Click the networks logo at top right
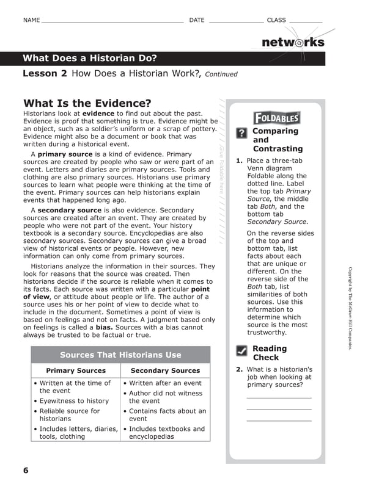click(x=293, y=42)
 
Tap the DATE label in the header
click(x=197, y=20)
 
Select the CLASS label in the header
click(x=276, y=20)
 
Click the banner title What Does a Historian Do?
click(x=90, y=59)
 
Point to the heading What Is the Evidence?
click(x=87, y=103)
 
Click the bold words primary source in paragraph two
click(x=65, y=154)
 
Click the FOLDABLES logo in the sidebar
click(x=277, y=118)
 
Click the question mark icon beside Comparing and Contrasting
click(x=241, y=133)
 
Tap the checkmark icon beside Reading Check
click(x=241, y=351)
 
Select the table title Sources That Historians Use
click(x=120, y=355)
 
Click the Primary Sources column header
click(x=76, y=370)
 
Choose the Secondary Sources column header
click(x=165, y=370)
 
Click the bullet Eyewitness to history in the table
click(x=74, y=401)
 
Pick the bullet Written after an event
click(x=165, y=383)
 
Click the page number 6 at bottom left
click(x=26, y=470)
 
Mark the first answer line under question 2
click(x=279, y=397)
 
